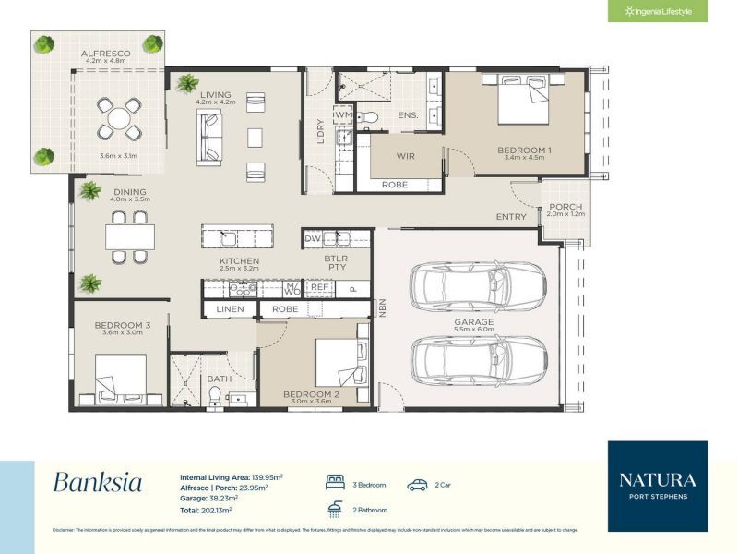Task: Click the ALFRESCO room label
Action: pos(103,54)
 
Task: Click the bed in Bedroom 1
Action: pos(523,101)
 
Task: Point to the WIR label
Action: pos(406,156)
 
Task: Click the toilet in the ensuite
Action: pos(369,116)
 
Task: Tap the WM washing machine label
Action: pos(344,114)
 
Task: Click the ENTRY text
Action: pos(511,217)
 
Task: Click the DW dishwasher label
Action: pos(313,238)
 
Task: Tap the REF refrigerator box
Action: pos(319,287)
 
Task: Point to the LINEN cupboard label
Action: pos(231,308)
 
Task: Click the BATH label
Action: pos(220,379)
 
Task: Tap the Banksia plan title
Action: pos(97,482)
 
